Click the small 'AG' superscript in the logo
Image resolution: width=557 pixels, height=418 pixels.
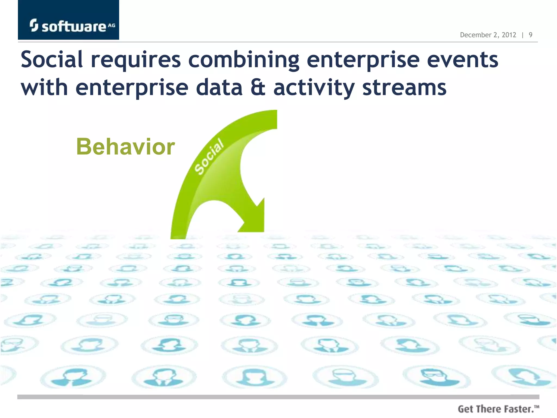pos(112,25)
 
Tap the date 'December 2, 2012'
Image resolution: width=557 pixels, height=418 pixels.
pos(488,35)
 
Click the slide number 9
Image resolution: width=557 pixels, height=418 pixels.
pos(530,35)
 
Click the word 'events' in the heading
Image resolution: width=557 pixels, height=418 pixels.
pos(462,60)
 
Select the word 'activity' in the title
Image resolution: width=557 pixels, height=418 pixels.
pos(314,88)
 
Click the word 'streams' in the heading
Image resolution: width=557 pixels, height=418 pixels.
pos(404,88)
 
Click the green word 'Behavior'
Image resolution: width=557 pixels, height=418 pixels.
pos(125,147)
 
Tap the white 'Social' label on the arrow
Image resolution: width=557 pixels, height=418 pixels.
pos(209,156)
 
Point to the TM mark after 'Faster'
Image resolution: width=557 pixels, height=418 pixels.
pos(536,407)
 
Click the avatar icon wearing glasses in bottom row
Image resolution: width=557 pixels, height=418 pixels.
pos(435,376)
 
